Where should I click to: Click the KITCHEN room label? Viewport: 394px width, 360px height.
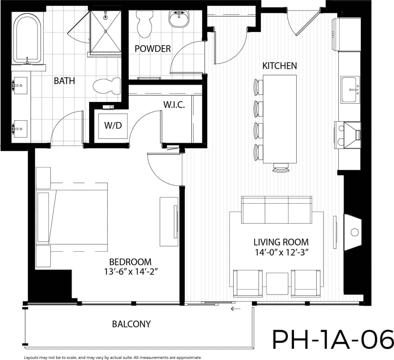279,66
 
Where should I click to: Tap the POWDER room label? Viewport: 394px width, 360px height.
153,49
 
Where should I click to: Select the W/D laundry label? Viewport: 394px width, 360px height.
113,125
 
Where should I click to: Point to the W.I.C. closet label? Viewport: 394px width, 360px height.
174,105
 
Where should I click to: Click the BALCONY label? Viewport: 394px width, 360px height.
131,324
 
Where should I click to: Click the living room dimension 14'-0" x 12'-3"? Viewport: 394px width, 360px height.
281,252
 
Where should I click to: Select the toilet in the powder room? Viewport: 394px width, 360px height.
144,23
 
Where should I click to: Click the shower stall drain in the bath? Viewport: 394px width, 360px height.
105,31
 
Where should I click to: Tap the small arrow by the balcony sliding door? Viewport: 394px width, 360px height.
234,309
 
